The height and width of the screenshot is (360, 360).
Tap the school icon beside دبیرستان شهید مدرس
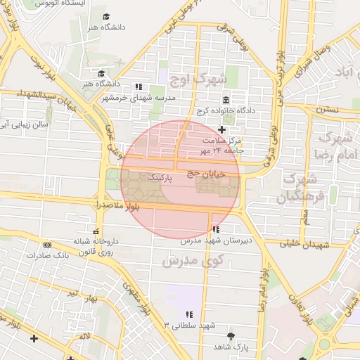coord(214,229)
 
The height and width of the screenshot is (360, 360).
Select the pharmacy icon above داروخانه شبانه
coord(96,231)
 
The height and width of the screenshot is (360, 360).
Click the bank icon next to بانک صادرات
coord(47,245)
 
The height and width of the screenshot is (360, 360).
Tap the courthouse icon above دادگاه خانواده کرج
coord(226,101)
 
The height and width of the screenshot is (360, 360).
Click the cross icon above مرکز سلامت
coord(222,129)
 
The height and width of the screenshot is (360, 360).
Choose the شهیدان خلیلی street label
coord(305,244)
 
